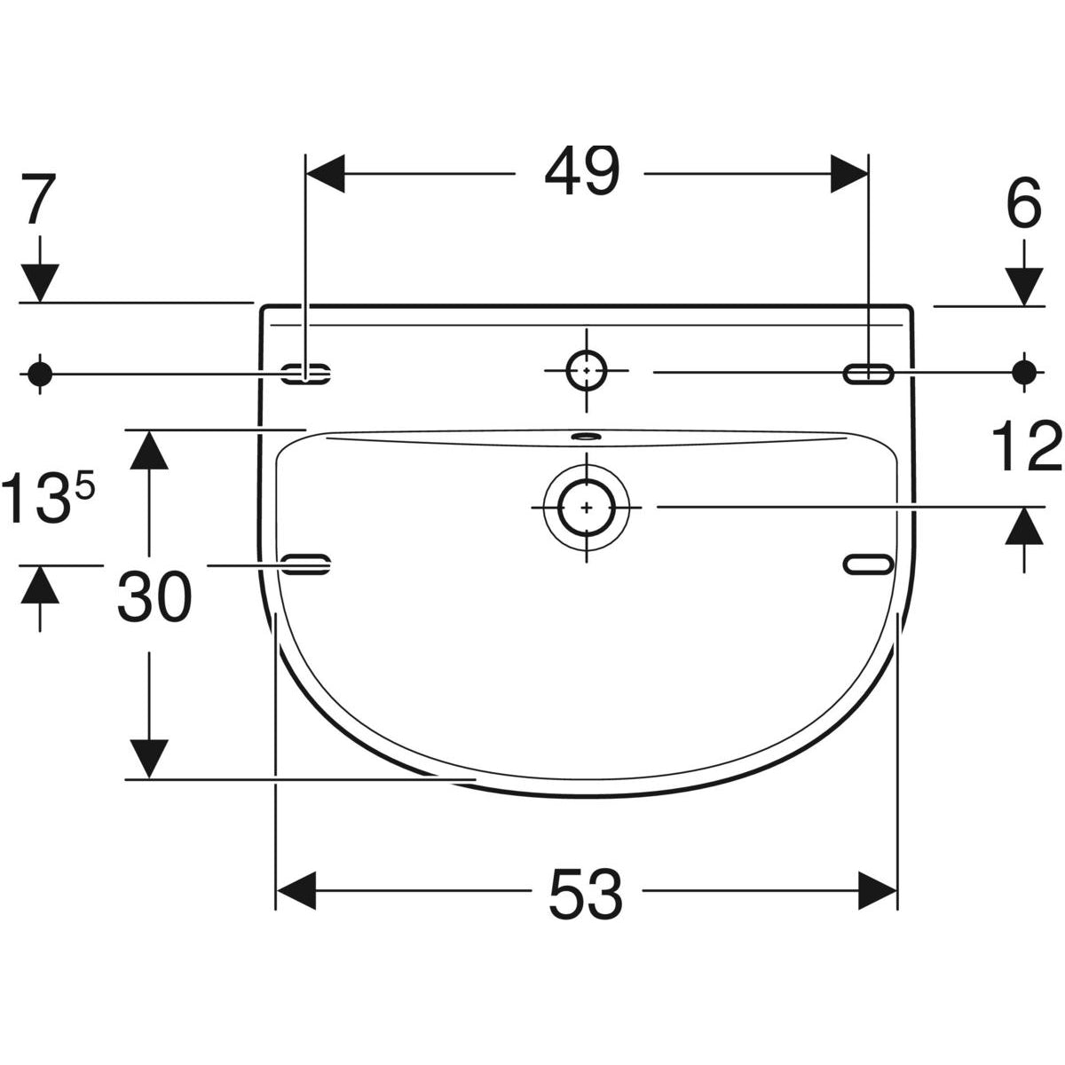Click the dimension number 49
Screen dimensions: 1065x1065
(582, 171)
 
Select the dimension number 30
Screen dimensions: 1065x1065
(154, 597)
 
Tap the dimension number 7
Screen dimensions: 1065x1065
(39, 199)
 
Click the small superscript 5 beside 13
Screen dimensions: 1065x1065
(85, 485)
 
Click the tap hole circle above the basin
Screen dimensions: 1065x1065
(587, 370)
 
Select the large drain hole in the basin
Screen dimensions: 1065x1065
(587, 507)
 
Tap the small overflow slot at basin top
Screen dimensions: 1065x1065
(587, 436)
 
